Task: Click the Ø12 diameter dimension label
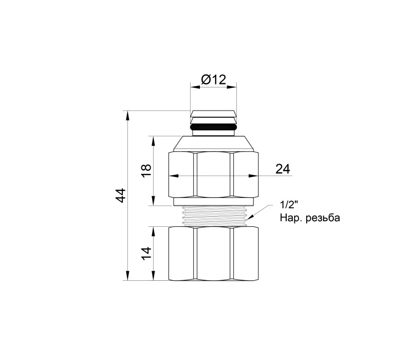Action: pyautogui.click(x=213, y=80)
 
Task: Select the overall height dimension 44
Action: pyautogui.click(x=121, y=195)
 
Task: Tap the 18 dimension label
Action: pyautogui.click(x=146, y=171)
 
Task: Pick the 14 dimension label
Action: pyautogui.click(x=146, y=254)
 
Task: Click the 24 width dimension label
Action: pyautogui.click(x=283, y=169)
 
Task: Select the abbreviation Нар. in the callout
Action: pyautogui.click(x=290, y=218)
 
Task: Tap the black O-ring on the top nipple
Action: pyautogui.click(x=213, y=127)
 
